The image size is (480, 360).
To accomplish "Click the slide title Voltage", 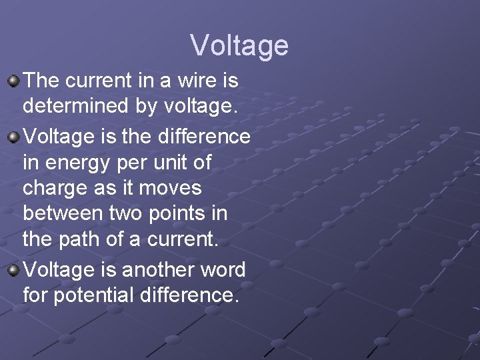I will point(239,45).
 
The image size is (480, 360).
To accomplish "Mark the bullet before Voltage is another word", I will point(13,271).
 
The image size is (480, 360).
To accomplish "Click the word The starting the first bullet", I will point(41,81).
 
